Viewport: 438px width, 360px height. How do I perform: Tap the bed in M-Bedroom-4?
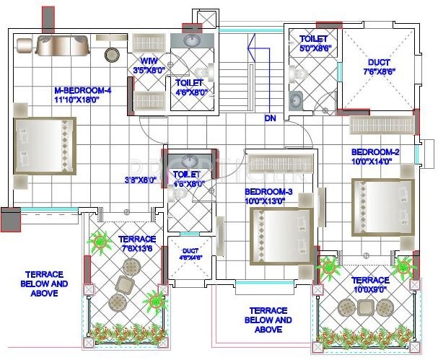tap(45, 146)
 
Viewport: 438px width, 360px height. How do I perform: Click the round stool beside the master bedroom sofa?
tap(112, 53)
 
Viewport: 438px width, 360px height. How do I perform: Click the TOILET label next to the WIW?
tap(189, 87)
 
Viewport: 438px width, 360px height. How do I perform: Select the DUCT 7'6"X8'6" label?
tap(379, 67)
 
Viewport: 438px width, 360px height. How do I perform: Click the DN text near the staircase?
tap(271, 118)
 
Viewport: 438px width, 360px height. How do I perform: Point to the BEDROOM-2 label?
tap(375, 157)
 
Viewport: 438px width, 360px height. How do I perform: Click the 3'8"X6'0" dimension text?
tap(140, 180)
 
